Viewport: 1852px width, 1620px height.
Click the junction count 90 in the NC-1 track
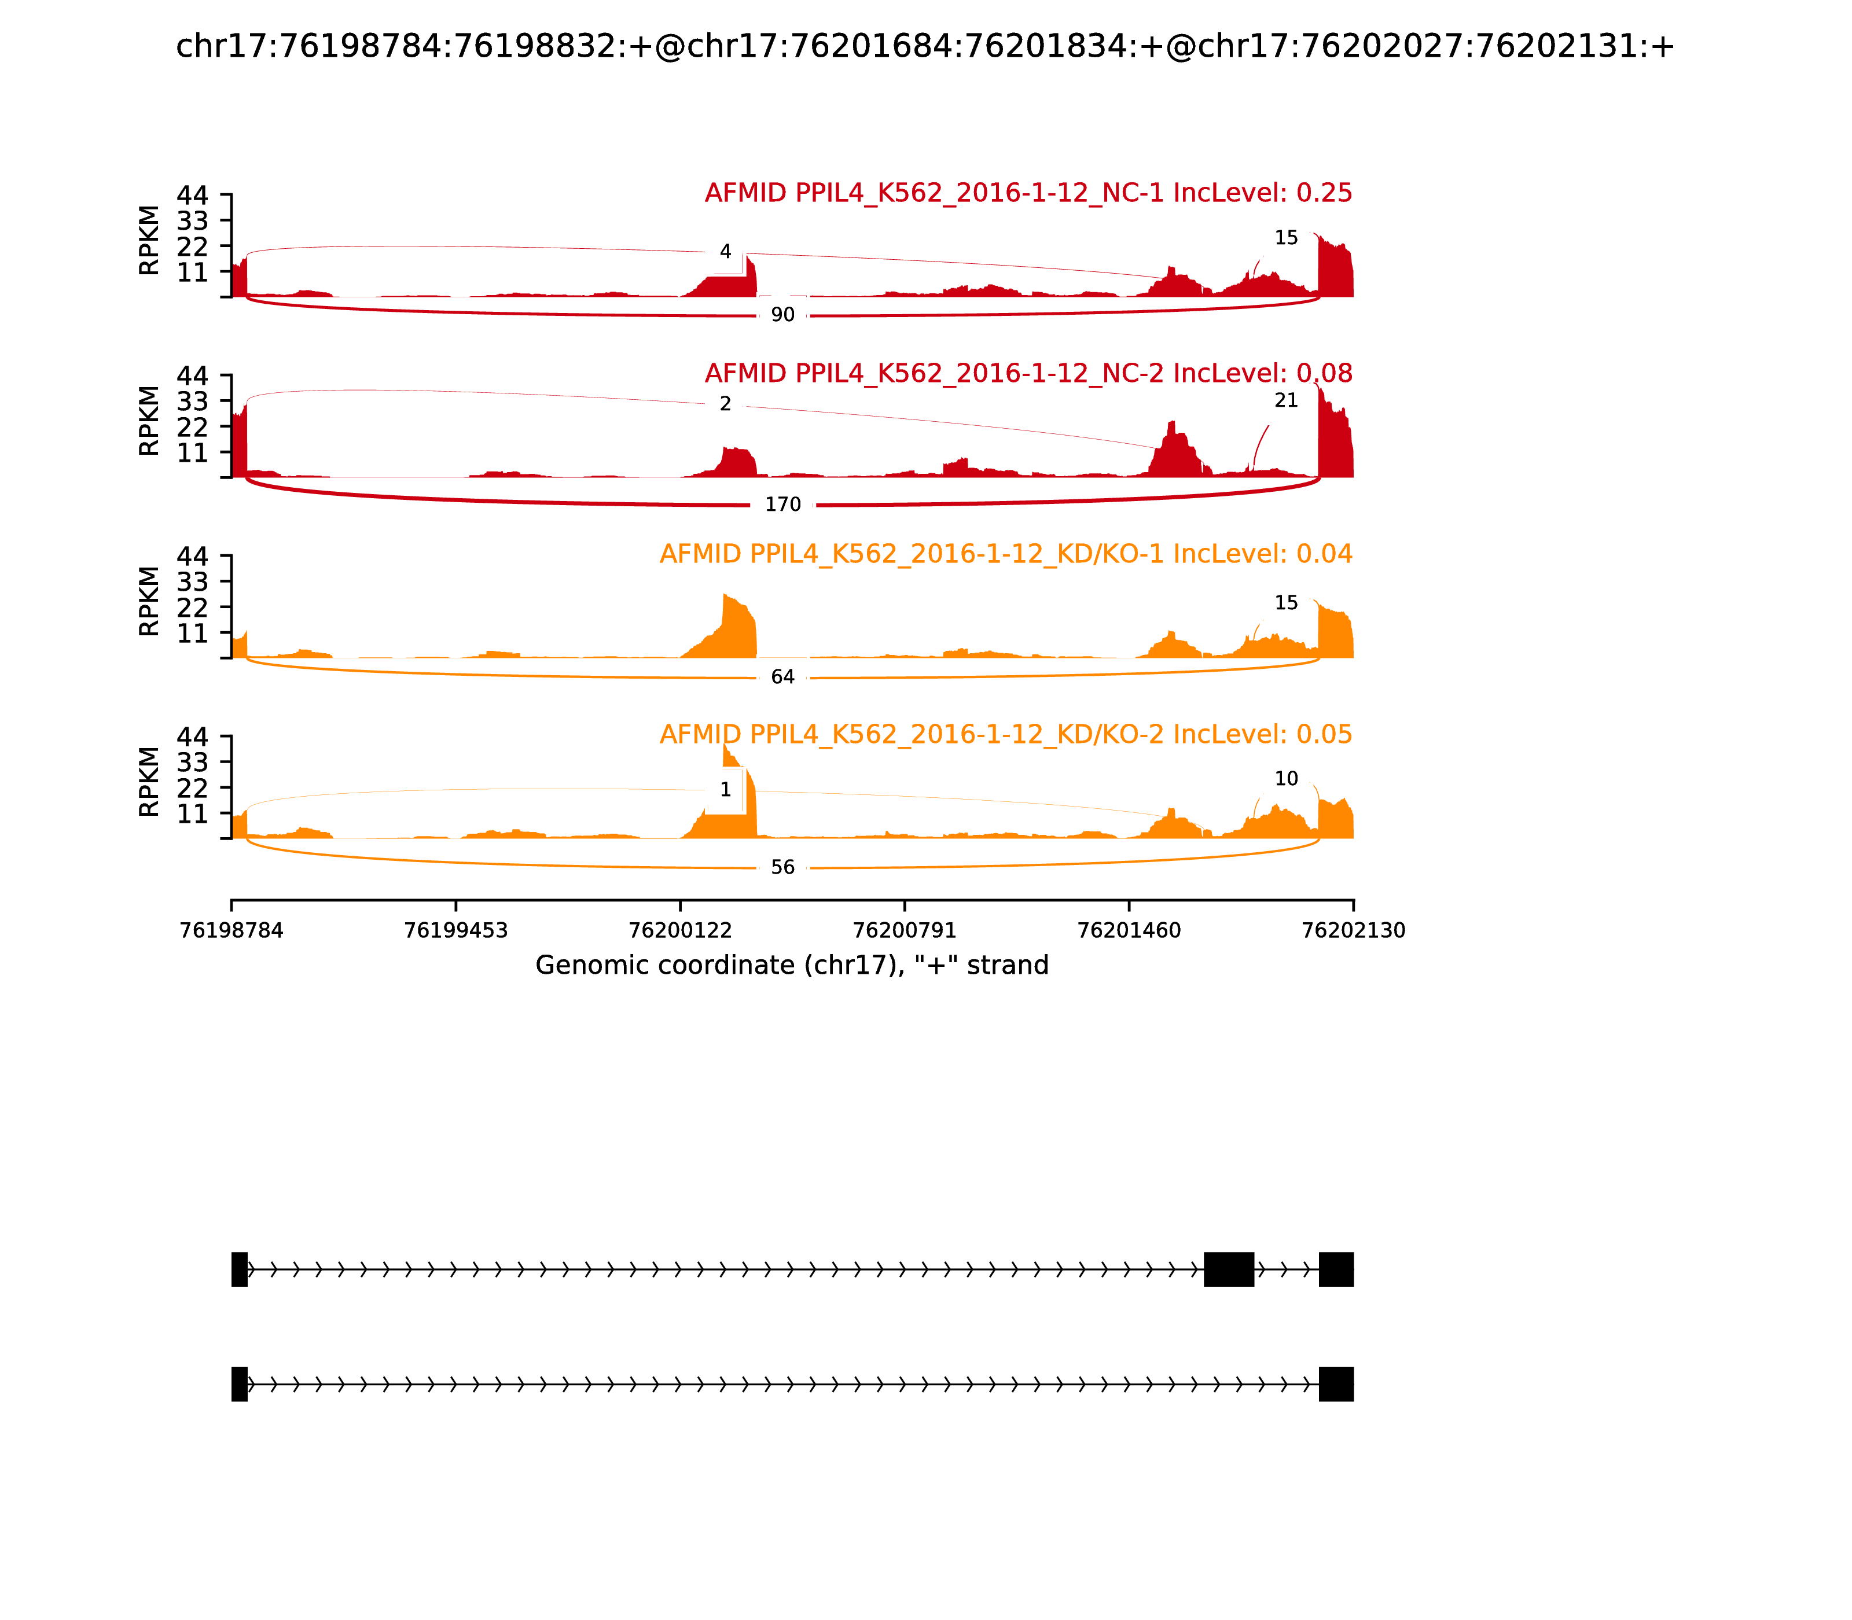[x=782, y=315]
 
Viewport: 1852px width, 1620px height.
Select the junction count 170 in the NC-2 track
[x=782, y=505]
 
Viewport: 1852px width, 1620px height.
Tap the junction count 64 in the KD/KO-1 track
[x=782, y=677]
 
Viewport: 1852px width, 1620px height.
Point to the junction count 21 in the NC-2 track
[x=1286, y=400]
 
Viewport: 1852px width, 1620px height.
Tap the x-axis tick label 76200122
[x=680, y=931]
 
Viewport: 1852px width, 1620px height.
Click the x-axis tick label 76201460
[x=1129, y=931]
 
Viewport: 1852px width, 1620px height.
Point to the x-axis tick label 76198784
[x=231, y=931]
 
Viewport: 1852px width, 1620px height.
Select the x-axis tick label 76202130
[x=1353, y=931]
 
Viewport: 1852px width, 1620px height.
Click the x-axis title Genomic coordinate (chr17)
[x=792, y=966]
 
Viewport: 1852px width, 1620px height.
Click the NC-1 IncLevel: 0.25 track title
[x=1028, y=193]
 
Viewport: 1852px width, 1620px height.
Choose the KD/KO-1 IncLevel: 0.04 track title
[x=1006, y=554]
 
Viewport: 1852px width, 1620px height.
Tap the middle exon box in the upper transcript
[x=1229, y=1269]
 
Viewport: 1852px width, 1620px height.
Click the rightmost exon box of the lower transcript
[x=1336, y=1384]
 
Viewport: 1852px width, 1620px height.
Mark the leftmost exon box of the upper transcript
[x=240, y=1269]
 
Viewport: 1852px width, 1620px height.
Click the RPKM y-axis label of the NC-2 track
[x=149, y=421]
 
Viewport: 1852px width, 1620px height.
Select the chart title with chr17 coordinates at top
[x=925, y=47]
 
